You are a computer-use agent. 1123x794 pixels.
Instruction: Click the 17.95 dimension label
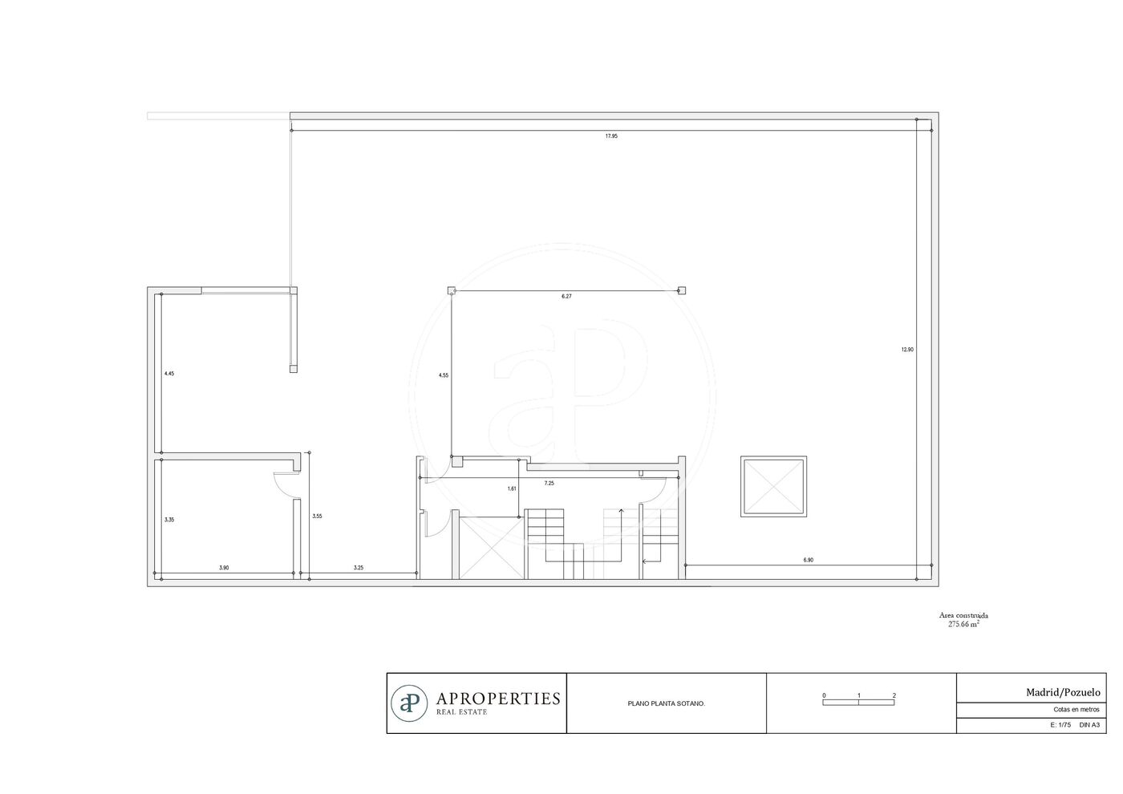point(611,136)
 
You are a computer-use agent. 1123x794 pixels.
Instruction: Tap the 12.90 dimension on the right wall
point(907,350)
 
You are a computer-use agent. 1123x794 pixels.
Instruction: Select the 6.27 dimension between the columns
point(566,296)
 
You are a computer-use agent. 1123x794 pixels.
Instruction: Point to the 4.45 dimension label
point(169,374)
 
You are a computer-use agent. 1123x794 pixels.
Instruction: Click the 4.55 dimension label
point(444,375)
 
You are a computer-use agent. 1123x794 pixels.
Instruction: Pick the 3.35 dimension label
point(169,520)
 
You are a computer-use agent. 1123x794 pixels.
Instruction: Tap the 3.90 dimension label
point(224,568)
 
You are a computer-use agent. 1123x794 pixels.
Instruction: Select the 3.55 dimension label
point(318,516)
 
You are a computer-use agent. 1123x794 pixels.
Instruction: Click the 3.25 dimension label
point(359,568)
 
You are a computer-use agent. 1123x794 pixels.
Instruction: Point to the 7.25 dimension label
point(549,483)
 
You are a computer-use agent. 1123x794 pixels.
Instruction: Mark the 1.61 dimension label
point(512,488)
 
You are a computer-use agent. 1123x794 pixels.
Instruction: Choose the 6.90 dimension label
point(809,560)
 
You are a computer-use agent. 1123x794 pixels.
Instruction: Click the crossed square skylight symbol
point(773,486)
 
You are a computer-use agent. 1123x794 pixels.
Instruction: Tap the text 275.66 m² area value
point(963,625)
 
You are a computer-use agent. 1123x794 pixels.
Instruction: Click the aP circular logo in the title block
point(409,703)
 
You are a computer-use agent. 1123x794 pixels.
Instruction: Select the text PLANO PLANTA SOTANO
point(667,704)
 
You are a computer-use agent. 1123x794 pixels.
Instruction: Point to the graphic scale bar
point(858,703)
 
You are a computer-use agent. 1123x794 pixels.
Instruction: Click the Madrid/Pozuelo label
point(1063,693)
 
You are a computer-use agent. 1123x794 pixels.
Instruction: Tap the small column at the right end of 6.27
point(682,290)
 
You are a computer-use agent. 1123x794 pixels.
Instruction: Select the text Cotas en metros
point(1076,710)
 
